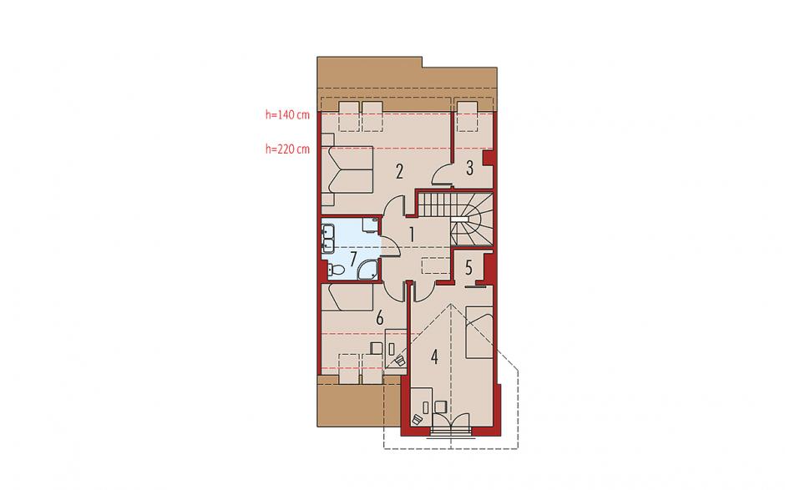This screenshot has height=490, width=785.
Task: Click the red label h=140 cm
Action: click(x=287, y=114)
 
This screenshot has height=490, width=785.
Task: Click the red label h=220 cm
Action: click(x=287, y=149)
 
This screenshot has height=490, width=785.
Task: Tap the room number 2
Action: click(x=399, y=172)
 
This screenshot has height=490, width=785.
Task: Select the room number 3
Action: click(x=469, y=168)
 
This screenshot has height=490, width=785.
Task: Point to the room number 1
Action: click(x=412, y=235)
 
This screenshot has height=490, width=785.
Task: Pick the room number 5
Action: click(x=468, y=268)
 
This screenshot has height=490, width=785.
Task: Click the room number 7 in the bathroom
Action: click(x=353, y=260)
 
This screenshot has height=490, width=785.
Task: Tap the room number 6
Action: click(x=379, y=317)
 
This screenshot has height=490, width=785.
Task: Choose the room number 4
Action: click(x=434, y=357)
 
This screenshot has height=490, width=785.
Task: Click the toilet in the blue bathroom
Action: click(x=337, y=270)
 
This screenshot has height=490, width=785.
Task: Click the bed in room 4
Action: click(x=479, y=332)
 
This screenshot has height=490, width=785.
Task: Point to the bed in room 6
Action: click(x=347, y=297)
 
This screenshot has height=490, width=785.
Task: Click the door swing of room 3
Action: click(x=442, y=174)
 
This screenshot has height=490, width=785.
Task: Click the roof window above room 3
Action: click(x=467, y=116)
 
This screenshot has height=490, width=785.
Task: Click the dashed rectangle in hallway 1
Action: click(x=436, y=265)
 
